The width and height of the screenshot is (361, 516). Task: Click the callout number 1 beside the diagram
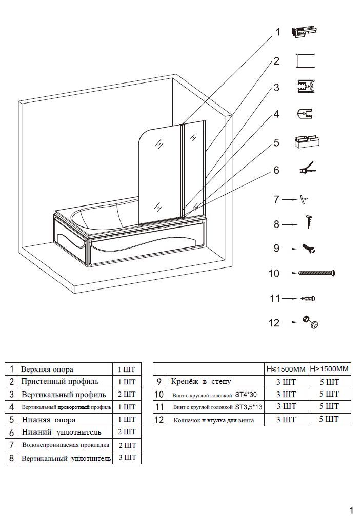[x=278, y=32]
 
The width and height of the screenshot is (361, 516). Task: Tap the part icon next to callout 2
[x=306, y=61]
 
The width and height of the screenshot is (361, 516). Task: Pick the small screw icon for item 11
[x=310, y=298]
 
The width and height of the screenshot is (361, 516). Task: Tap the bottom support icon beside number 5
[x=307, y=141]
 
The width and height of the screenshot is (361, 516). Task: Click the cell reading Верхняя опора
[x=47, y=369]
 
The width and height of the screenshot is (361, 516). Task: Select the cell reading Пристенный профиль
[x=60, y=382]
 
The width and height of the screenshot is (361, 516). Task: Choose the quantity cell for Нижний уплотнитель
[x=127, y=432]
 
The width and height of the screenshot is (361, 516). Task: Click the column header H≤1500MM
[x=286, y=369]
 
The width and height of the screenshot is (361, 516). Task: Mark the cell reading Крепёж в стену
[x=201, y=382]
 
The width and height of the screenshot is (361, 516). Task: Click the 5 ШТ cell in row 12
[x=329, y=420]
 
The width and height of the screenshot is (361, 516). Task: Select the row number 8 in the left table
[x=11, y=458]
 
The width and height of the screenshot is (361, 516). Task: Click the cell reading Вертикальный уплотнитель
[x=66, y=458]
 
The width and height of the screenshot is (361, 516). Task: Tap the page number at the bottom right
[x=351, y=509]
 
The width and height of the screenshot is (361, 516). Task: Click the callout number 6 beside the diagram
[x=276, y=170]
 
